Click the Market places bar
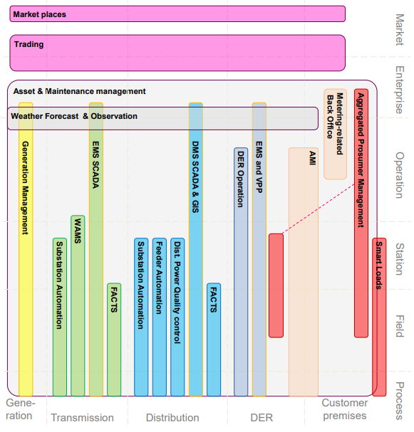[x=177, y=14]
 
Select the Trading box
[x=177, y=53]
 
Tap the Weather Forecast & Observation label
[x=74, y=116]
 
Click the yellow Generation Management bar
[x=26, y=249]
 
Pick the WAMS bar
[x=78, y=306]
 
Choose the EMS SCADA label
[x=95, y=165]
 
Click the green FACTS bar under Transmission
[x=114, y=339]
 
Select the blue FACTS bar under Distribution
[x=214, y=339]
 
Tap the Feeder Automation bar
[x=160, y=317]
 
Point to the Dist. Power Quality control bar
[x=177, y=317]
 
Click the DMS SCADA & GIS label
[x=195, y=177]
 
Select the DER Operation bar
[x=241, y=272]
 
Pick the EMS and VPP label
[x=259, y=167]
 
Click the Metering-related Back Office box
[x=335, y=135]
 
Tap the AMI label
[x=312, y=158]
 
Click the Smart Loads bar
[x=379, y=317]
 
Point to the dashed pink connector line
[x=319, y=209]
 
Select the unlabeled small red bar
[x=276, y=285]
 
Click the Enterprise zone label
[x=400, y=90]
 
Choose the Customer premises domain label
[x=345, y=409]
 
